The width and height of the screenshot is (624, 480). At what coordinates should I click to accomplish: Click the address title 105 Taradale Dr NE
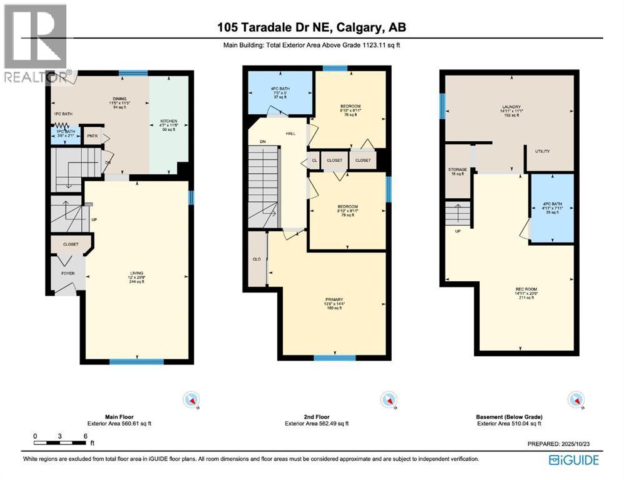pyautogui.click(x=312, y=27)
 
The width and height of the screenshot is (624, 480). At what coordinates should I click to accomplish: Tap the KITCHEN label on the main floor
pyautogui.click(x=169, y=121)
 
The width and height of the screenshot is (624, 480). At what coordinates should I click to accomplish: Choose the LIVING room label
pyautogui.click(x=136, y=273)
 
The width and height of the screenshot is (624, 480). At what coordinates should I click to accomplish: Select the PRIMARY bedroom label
pyautogui.click(x=334, y=299)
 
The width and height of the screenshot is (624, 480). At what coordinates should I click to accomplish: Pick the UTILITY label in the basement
pyautogui.click(x=541, y=151)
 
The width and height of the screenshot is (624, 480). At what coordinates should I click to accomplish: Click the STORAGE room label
pyautogui.click(x=457, y=169)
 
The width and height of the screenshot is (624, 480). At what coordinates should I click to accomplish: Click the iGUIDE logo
pyautogui.click(x=574, y=460)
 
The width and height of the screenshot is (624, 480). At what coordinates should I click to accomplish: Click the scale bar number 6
pyautogui.click(x=85, y=436)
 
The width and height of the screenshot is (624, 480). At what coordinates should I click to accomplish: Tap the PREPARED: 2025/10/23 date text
pyautogui.click(x=559, y=444)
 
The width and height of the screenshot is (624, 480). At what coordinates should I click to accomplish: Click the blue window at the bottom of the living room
pyautogui.click(x=136, y=361)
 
